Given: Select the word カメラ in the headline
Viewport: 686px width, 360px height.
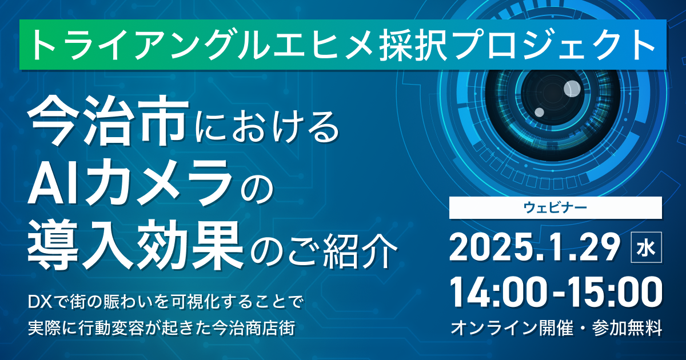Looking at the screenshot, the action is (x=159, y=183).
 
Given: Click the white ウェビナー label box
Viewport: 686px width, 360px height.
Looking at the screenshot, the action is (x=556, y=207).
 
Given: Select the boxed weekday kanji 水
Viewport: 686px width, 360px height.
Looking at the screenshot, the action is (x=646, y=247).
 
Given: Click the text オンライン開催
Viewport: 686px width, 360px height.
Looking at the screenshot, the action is (x=512, y=329).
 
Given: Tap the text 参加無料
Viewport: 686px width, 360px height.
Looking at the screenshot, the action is (x=627, y=329).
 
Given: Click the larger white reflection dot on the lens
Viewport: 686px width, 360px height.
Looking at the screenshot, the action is (x=572, y=89).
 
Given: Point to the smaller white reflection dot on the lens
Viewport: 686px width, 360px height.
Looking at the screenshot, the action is (x=539, y=113).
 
